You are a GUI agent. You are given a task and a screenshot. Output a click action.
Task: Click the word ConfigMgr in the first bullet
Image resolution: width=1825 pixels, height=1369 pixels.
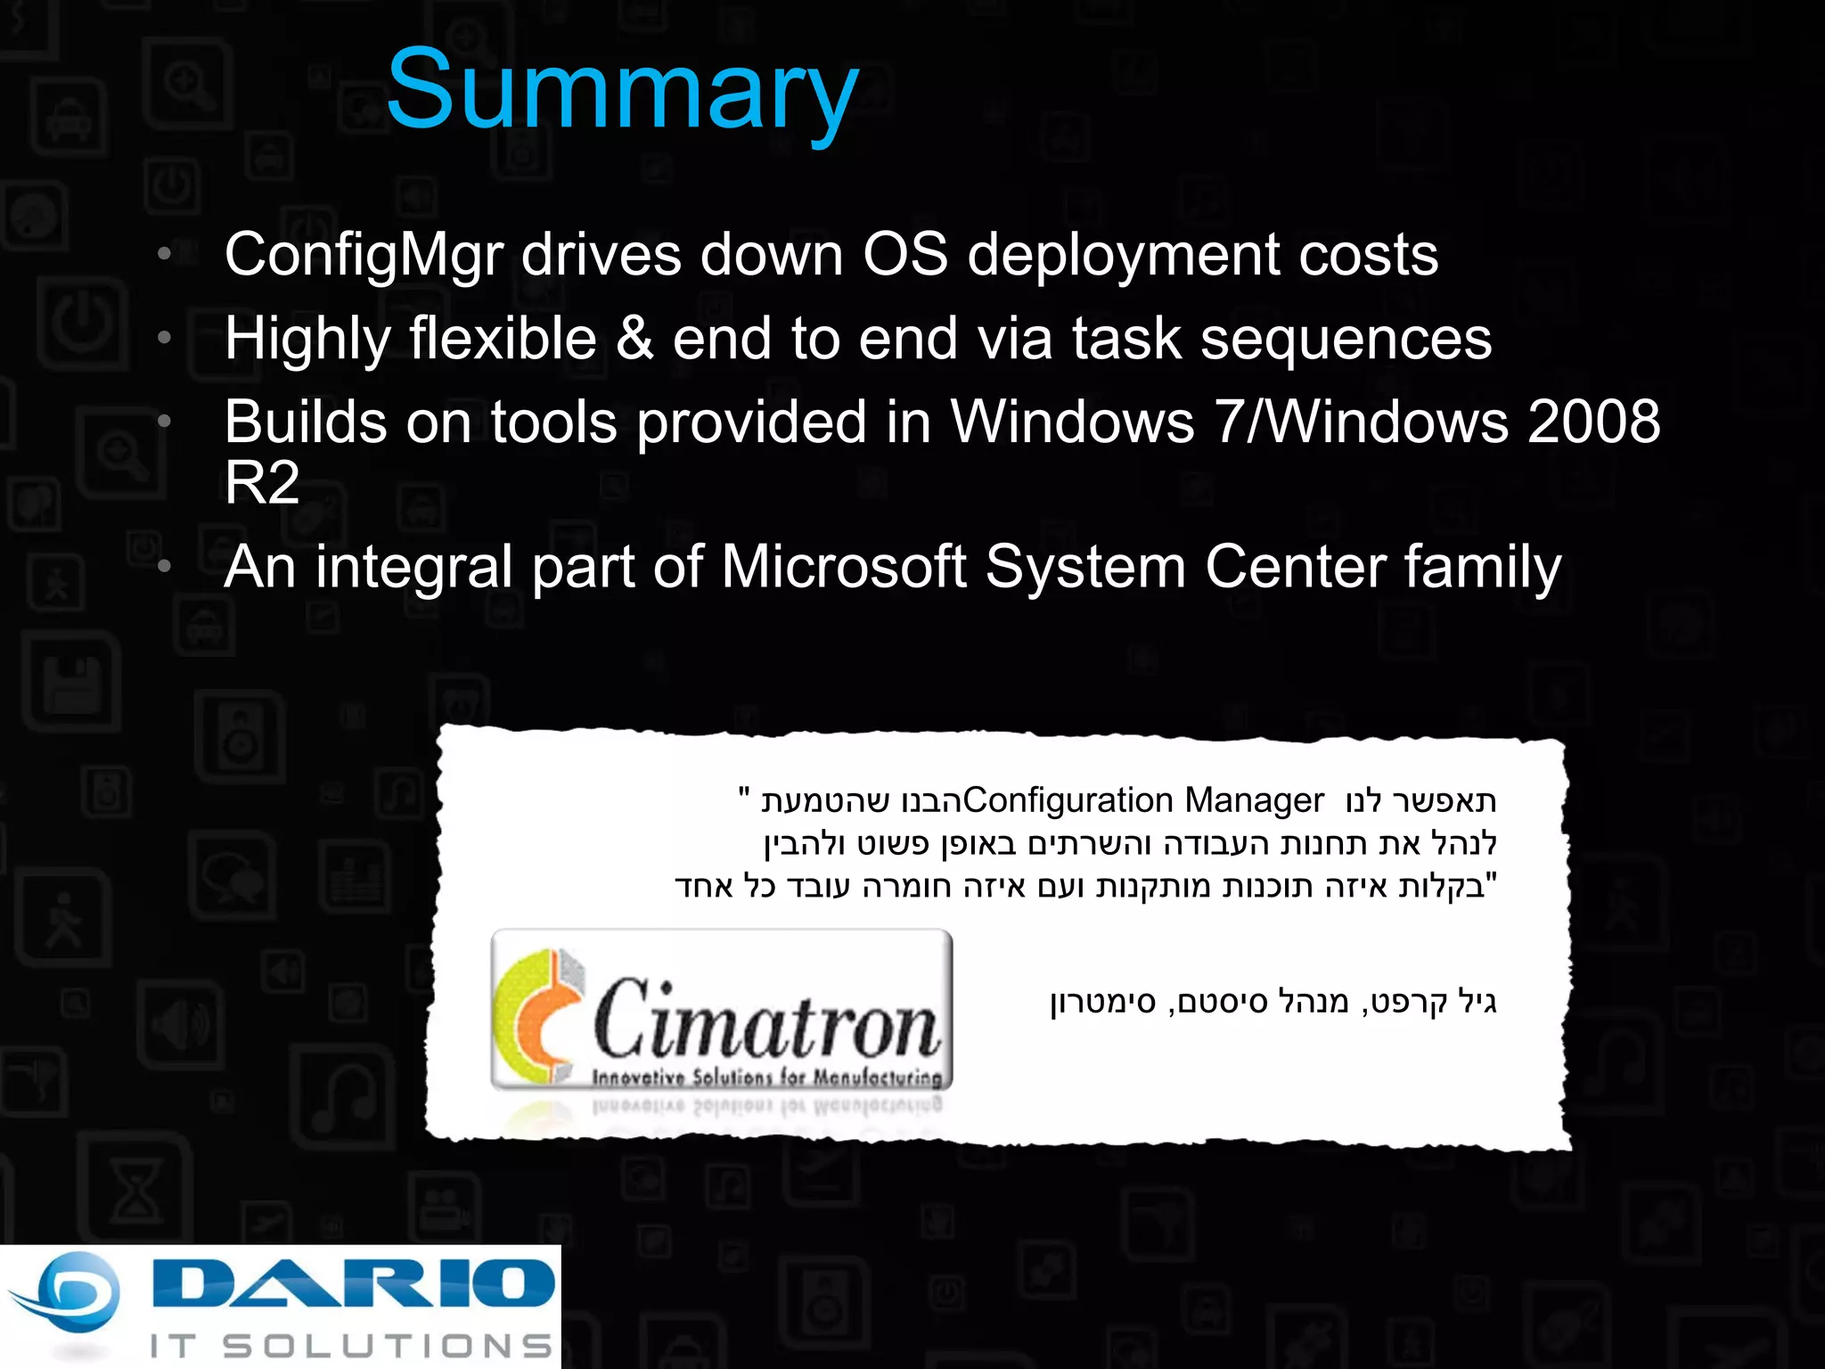tap(364, 256)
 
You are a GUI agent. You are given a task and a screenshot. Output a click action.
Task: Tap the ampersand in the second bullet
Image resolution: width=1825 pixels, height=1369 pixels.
tap(634, 339)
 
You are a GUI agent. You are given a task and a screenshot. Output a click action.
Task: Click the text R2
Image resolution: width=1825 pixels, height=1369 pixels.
tap(261, 483)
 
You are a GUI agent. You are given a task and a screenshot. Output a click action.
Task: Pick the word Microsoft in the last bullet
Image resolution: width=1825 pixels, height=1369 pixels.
tap(843, 567)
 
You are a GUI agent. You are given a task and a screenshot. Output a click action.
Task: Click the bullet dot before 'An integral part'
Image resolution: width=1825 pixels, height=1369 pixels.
tap(164, 566)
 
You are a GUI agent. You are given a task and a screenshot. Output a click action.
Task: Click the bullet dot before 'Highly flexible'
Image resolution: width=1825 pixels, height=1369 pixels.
tap(164, 338)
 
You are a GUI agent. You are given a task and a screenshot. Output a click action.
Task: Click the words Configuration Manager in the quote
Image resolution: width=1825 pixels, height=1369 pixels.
tap(1143, 800)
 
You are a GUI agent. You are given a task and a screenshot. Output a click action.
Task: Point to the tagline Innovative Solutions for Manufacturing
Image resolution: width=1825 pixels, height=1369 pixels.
tap(766, 1078)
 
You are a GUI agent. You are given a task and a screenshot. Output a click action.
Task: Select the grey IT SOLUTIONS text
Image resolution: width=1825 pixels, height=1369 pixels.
tap(351, 1346)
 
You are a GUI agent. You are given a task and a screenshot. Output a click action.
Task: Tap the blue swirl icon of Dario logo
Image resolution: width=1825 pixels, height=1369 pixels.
tap(67, 1297)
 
